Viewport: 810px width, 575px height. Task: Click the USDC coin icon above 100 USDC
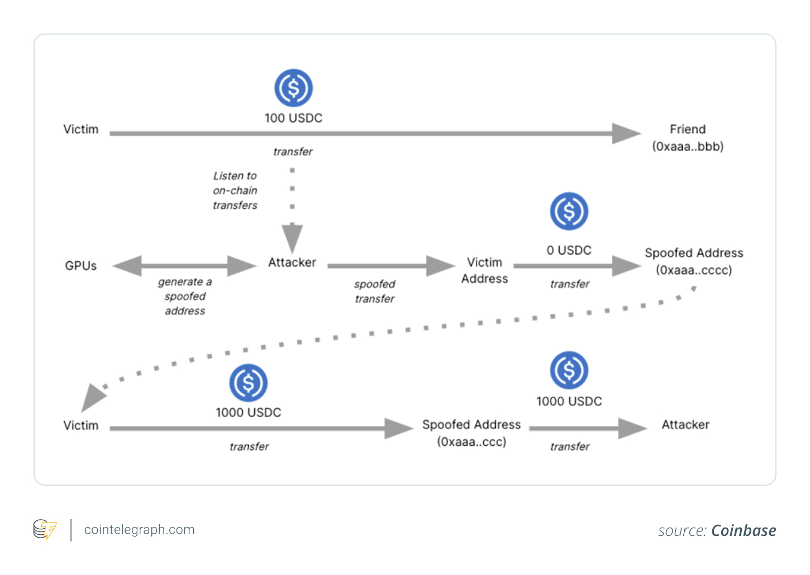[x=293, y=88]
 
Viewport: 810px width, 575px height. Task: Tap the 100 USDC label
[x=293, y=118]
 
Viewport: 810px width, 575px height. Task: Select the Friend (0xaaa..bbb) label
[x=688, y=138]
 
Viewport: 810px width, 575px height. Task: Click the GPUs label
[x=81, y=266]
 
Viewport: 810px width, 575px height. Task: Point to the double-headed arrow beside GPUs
[x=184, y=266]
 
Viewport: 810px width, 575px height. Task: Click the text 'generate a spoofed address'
[x=185, y=296]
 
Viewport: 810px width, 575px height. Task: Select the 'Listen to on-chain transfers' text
[x=235, y=190]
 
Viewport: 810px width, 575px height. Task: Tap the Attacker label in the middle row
[x=292, y=262]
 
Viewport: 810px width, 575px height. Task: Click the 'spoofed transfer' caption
[x=374, y=291]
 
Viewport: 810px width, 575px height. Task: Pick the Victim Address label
[x=484, y=270]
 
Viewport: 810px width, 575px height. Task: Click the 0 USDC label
[x=569, y=251]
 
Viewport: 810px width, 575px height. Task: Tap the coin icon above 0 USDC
[x=569, y=212]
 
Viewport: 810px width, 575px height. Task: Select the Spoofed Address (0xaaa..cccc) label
[x=694, y=261]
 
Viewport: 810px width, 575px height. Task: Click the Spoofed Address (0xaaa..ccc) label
[x=471, y=433]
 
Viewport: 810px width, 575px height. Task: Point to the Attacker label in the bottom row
[x=685, y=425]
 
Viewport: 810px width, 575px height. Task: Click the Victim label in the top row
[x=81, y=130]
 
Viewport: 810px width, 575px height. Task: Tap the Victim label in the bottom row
[x=81, y=425]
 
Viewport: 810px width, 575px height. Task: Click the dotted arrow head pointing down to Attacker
[x=292, y=238]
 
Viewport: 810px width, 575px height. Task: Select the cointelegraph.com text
[x=139, y=530]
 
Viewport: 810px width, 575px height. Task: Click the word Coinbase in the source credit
[x=744, y=530]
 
